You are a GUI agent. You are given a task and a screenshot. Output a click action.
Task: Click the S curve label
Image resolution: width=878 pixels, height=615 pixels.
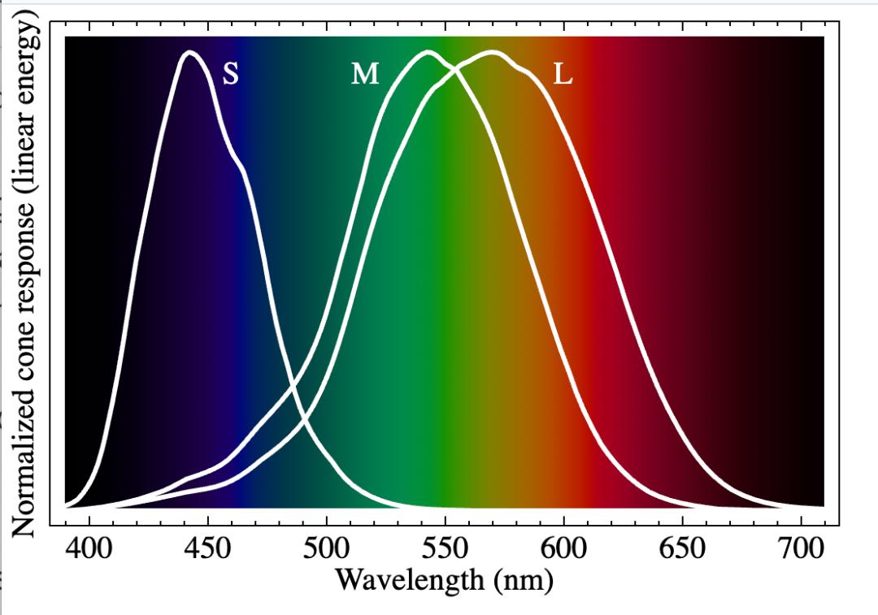[x=231, y=75]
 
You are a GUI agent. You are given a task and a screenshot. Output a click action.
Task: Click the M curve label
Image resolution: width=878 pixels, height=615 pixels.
[x=365, y=75]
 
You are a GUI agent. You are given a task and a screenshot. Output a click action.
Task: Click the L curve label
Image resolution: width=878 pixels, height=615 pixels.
[x=563, y=75]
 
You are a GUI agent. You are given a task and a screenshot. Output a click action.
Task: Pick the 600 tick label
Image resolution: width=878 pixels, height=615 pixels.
[x=563, y=548]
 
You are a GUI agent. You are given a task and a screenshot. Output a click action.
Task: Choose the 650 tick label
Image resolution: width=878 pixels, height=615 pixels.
[x=682, y=548]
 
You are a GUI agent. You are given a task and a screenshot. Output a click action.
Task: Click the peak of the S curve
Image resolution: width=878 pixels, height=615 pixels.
[x=190, y=53]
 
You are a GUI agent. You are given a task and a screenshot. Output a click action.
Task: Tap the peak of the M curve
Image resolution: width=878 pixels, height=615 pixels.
[x=426, y=53]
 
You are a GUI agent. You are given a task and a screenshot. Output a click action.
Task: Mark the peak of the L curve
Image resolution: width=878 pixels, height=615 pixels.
[x=491, y=53]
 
